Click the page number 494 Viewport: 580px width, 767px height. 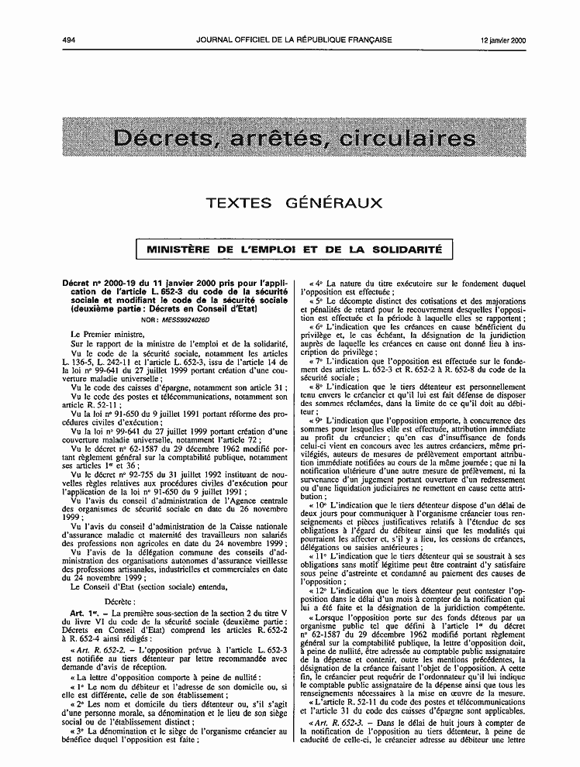coord(70,40)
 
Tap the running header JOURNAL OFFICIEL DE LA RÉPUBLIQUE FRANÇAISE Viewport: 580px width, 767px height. coord(294,40)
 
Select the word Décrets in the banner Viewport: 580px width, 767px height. coord(162,139)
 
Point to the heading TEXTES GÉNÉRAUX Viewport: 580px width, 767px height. coord(294,203)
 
